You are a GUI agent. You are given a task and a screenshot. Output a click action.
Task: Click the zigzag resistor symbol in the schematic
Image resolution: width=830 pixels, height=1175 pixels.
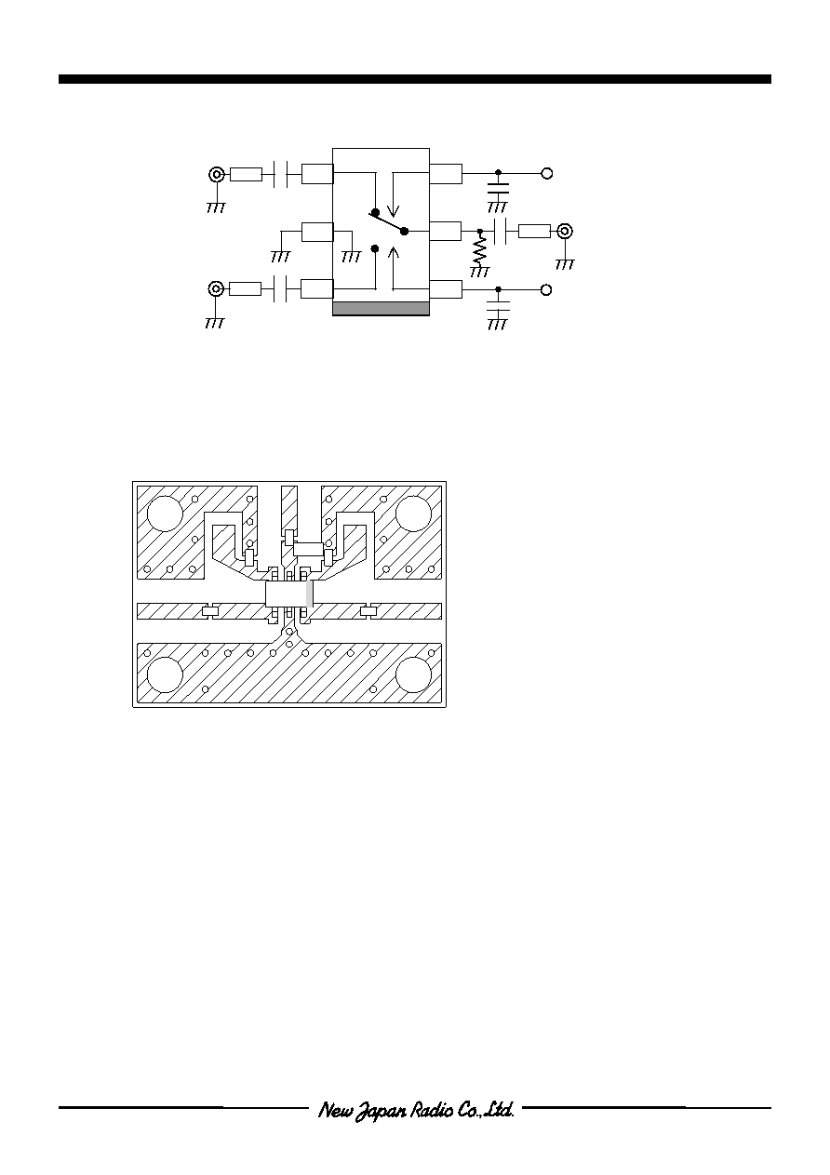479,252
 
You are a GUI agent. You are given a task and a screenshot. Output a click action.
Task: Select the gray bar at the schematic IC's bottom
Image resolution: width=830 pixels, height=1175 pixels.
381,309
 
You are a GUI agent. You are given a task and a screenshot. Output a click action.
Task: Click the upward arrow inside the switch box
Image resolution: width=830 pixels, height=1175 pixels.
394,268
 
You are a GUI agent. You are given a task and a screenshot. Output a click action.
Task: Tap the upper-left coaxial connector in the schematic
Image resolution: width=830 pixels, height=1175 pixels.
216,174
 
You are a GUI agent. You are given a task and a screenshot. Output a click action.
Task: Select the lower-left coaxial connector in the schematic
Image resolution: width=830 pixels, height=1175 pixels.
216,288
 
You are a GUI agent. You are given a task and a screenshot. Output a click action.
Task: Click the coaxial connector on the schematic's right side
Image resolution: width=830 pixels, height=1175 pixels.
565,231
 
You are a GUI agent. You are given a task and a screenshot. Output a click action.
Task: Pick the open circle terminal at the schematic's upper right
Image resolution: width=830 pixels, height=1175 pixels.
547,173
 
